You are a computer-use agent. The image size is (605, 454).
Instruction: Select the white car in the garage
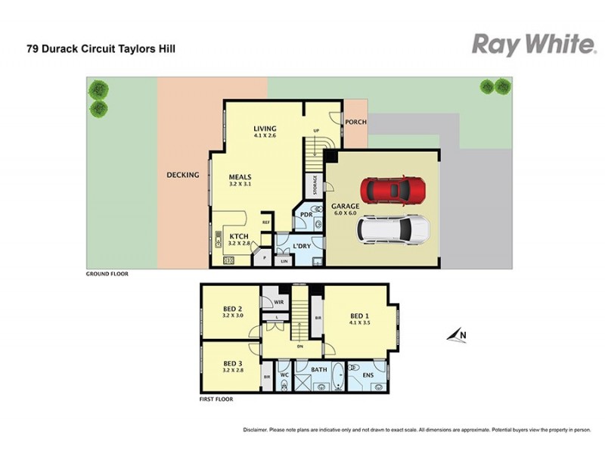point(393,229)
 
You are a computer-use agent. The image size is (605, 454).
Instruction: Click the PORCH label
point(355,123)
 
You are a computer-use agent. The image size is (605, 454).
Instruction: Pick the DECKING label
point(182,176)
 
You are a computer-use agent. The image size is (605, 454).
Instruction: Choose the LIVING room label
point(265,129)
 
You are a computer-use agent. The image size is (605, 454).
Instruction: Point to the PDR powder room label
point(306,215)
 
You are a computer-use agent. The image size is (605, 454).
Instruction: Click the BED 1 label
point(360,316)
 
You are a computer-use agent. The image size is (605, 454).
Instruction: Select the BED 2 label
point(232,309)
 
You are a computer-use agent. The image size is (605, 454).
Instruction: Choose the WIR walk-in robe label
point(268,301)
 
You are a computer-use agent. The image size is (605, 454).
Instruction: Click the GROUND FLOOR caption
point(107,274)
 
